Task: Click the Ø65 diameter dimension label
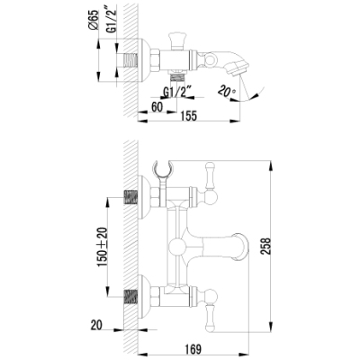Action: (94, 20)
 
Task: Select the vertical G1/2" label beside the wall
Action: (112, 19)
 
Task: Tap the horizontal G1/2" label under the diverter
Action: (177, 92)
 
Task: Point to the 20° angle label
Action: (227, 91)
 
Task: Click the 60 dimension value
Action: (157, 107)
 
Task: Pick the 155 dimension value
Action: (188, 116)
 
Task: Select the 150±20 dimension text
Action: (103, 247)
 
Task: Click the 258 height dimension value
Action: (265, 246)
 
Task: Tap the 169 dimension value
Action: (192, 349)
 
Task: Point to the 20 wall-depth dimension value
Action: (96, 325)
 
